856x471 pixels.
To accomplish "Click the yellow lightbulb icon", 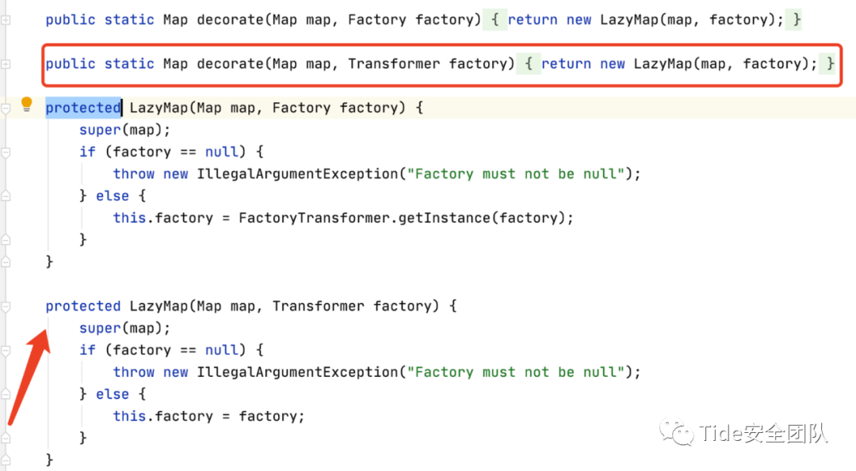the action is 26,104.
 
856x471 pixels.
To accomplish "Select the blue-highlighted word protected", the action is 82,108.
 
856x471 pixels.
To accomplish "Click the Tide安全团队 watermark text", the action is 762,433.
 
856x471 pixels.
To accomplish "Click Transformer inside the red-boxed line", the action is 393,63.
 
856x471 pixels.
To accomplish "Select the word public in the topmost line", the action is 71,20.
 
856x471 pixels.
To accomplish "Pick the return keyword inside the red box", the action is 566,63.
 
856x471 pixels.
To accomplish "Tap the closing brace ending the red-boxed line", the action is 830,63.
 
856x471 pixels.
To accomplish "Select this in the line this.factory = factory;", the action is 129,416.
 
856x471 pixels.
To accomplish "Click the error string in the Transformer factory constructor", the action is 516,371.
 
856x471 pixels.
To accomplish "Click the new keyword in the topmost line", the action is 579,20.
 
